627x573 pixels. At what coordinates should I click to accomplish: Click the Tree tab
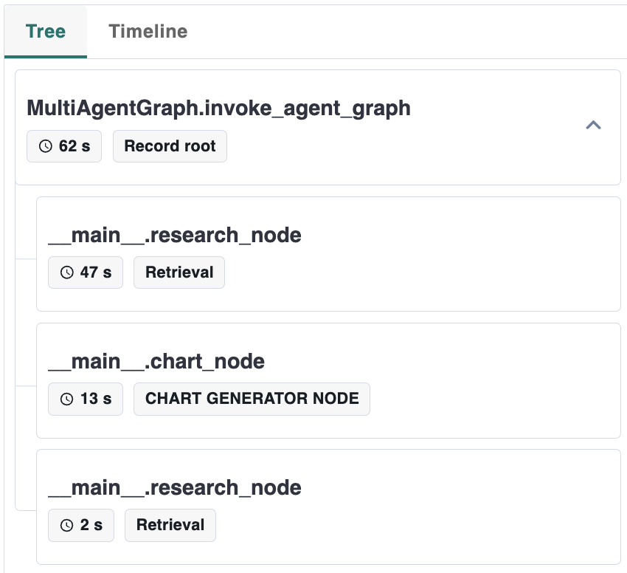coord(46,32)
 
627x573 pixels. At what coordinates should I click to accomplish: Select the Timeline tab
coord(148,32)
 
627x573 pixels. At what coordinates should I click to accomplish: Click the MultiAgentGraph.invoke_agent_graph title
coord(218,109)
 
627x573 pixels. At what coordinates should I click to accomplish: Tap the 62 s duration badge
coord(64,146)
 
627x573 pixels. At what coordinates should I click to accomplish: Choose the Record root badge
coord(170,146)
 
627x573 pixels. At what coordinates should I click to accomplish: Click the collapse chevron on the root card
coord(593,126)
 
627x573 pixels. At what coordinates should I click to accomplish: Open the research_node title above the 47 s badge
coord(175,235)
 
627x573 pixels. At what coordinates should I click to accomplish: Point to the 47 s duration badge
coord(86,272)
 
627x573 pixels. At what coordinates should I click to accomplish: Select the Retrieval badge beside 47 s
coord(179,272)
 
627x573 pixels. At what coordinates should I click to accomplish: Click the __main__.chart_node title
coord(156,361)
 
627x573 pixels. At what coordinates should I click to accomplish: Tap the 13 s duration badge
coord(86,399)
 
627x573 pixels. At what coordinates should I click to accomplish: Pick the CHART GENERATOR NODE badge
coord(252,399)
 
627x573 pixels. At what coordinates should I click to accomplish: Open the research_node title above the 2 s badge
coord(175,487)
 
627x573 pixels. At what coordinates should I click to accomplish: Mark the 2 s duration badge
coord(81,525)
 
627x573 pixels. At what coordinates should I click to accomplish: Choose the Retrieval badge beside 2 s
coord(170,525)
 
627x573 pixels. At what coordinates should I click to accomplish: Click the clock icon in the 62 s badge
coord(46,146)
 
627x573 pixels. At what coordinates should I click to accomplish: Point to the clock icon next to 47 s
coord(67,272)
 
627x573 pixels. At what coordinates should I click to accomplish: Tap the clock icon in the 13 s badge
coord(67,399)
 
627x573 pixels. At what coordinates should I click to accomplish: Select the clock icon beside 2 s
coord(67,525)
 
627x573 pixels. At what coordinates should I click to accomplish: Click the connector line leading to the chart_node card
coord(26,385)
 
